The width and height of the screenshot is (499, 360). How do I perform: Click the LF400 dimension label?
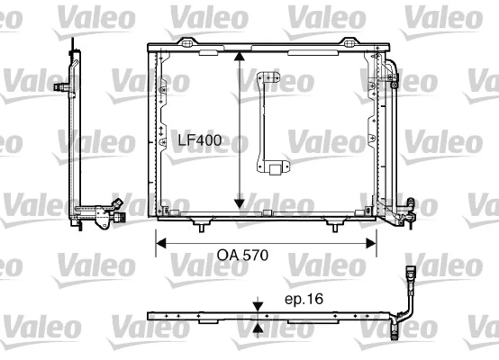click(x=198, y=141)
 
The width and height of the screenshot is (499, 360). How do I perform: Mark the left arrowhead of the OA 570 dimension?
click(x=161, y=241)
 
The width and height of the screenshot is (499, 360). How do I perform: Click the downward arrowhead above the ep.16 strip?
click(x=259, y=307)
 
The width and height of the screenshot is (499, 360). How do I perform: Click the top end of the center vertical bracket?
click(x=267, y=78)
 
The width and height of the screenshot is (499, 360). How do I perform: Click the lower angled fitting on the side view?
click(x=112, y=212)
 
